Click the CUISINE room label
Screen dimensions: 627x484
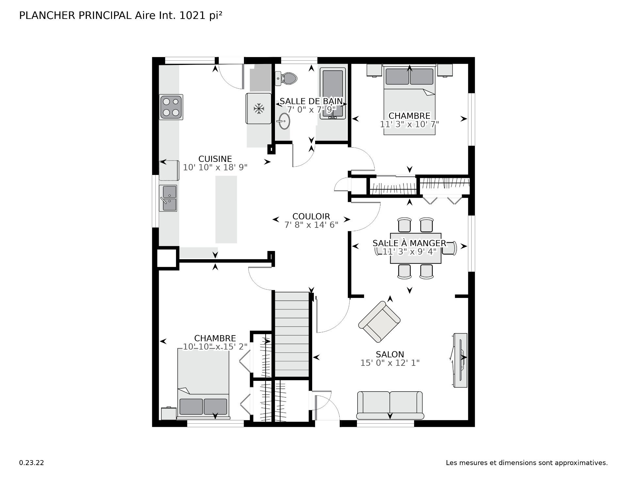(215, 159)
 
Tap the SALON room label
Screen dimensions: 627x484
(390, 354)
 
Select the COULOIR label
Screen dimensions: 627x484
(311, 216)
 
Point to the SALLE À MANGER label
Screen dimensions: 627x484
(410, 243)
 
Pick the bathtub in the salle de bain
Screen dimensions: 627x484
(332, 93)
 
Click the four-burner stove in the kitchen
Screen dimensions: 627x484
(171, 107)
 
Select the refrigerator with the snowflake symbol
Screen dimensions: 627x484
(259, 109)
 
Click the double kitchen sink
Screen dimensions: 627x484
(168, 198)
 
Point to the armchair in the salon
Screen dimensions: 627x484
(379, 322)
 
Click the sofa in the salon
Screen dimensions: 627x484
(390, 405)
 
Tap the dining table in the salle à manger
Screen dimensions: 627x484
(416, 248)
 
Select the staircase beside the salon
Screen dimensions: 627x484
(292, 335)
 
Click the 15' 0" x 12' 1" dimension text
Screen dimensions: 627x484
(390, 363)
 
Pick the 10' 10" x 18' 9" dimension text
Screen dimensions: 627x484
(215, 167)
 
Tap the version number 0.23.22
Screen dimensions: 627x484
(32, 462)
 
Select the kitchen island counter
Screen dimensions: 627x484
(226, 210)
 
